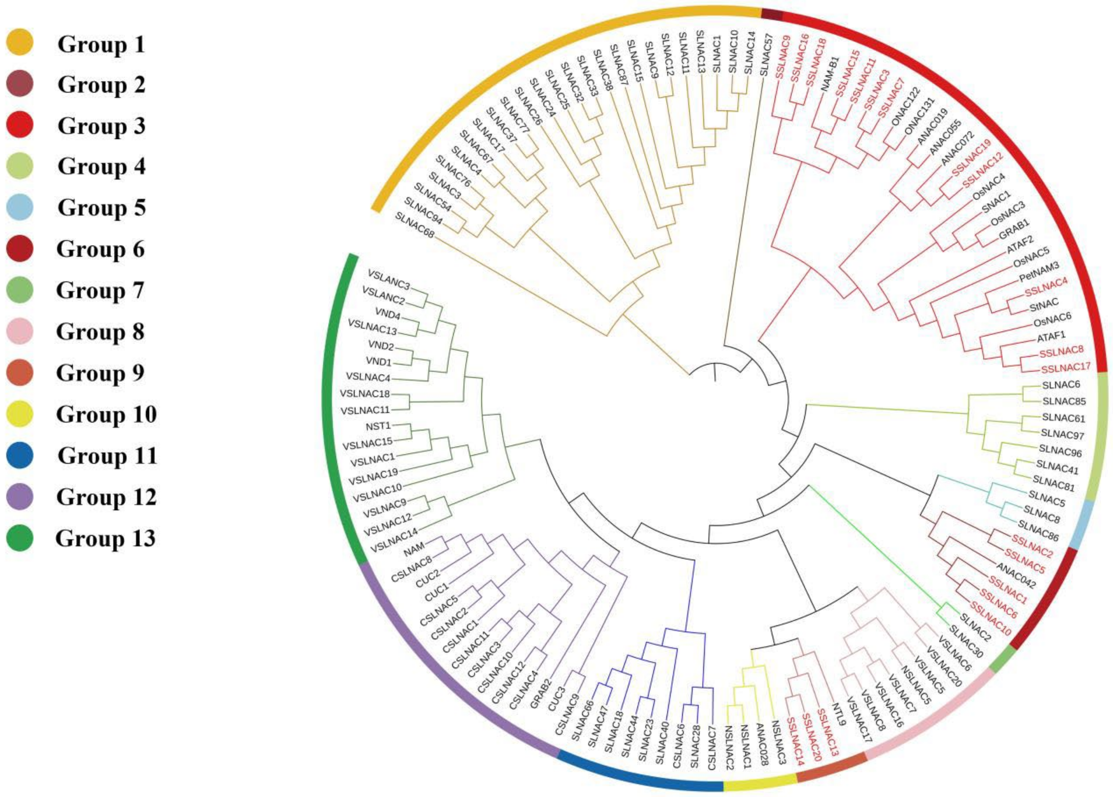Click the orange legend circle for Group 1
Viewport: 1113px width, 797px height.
click(x=20, y=42)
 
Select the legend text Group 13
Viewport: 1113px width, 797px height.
click(x=106, y=538)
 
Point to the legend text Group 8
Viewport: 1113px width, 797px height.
click(x=101, y=332)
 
